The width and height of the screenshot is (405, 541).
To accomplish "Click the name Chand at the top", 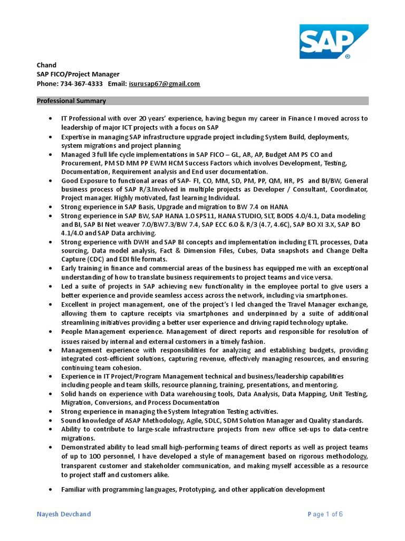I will pos(46,65).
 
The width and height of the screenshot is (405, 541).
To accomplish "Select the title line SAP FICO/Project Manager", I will pos(78,74).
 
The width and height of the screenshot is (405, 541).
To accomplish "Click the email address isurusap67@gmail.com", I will pos(165,84).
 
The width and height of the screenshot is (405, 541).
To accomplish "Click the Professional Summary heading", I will pos(71,101).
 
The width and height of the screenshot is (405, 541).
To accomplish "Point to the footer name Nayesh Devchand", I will pos(63,514).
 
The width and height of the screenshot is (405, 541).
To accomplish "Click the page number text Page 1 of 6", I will pos(325,514).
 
